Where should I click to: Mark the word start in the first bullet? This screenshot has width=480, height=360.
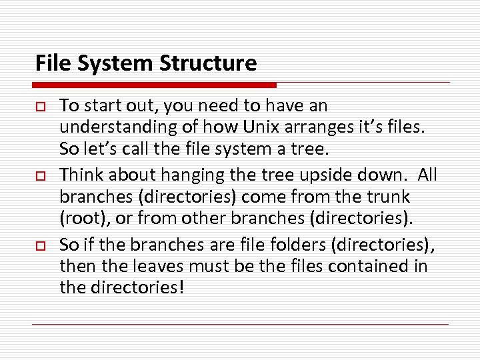click(x=103, y=105)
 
